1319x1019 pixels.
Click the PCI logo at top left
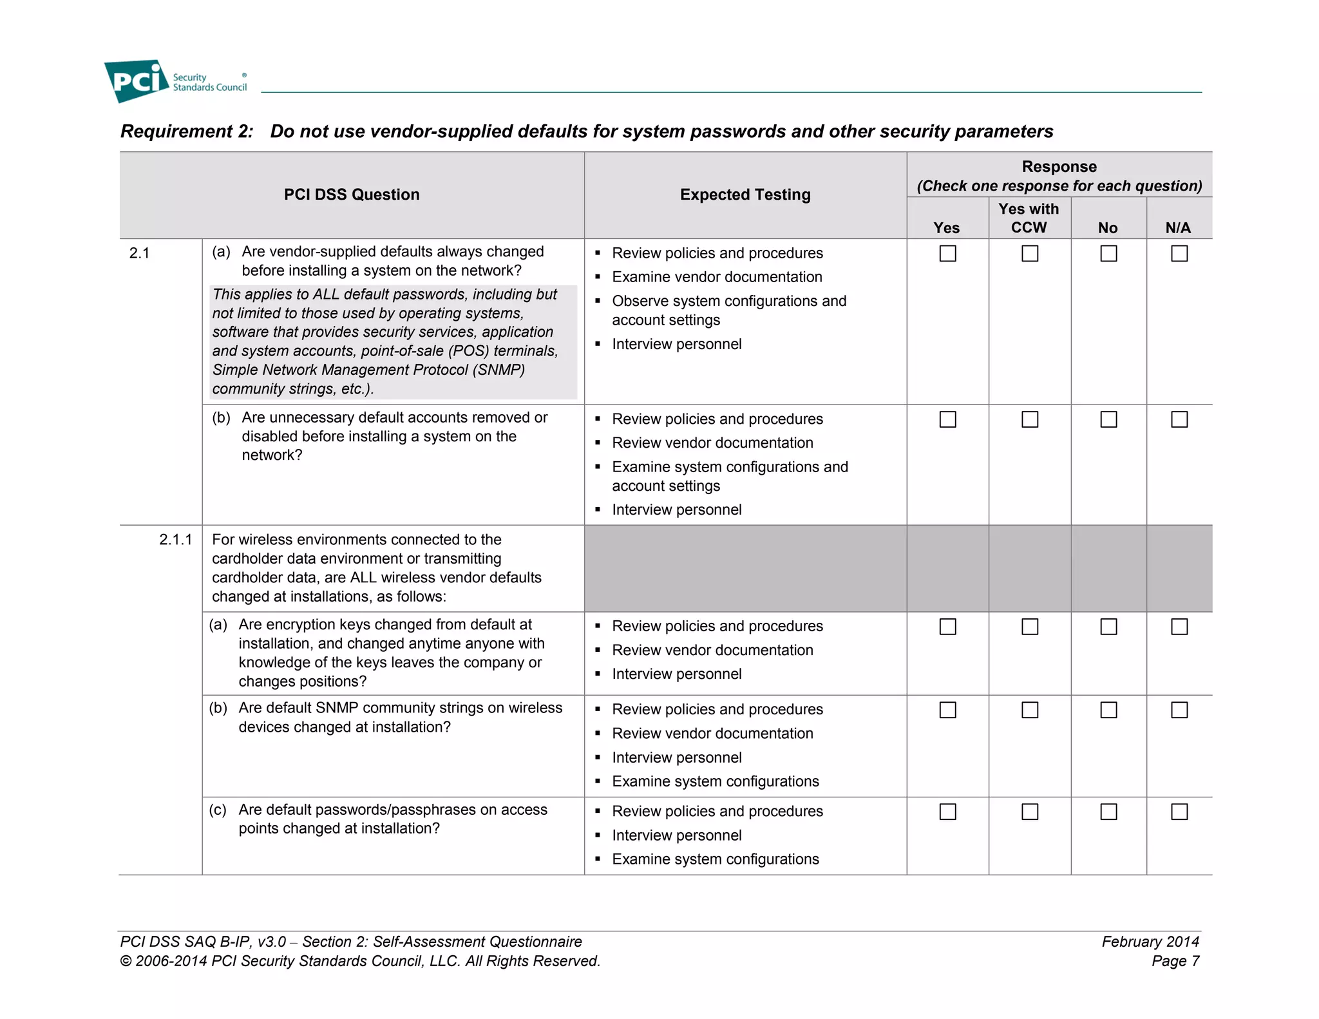pyautogui.click(x=137, y=81)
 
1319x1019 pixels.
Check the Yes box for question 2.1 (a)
pyautogui.click(x=947, y=254)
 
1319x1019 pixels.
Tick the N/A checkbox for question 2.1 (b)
pyautogui.click(x=1179, y=419)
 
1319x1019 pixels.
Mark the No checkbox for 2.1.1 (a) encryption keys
pyautogui.click(x=1108, y=627)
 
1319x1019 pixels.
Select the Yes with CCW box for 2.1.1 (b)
pyautogui.click(x=1030, y=710)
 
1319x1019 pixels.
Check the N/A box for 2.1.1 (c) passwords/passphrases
pyautogui.click(x=1179, y=812)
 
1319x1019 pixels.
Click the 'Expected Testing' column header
pyautogui.click(x=745, y=195)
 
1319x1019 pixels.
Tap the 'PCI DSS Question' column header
pyautogui.click(x=352, y=195)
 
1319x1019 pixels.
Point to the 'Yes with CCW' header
pyautogui.click(x=1029, y=218)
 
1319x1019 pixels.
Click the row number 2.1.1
pyautogui.click(x=175, y=540)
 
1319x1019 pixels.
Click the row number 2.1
pyautogui.click(x=139, y=253)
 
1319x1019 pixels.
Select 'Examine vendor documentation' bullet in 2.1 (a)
pyautogui.click(x=717, y=277)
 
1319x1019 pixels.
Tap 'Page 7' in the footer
pyautogui.click(x=1175, y=961)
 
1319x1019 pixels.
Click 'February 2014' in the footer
pyautogui.click(x=1150, y=942)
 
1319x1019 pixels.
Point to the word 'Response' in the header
pyautogui.click(x=1059, y=167)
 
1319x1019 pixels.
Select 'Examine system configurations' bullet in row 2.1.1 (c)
pyautogui.click(x=715, y=859)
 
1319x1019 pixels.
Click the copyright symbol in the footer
pyautogui.click(x=126, y=962)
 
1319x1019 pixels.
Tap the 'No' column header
pyautogui.click(x=1108, y=227)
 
